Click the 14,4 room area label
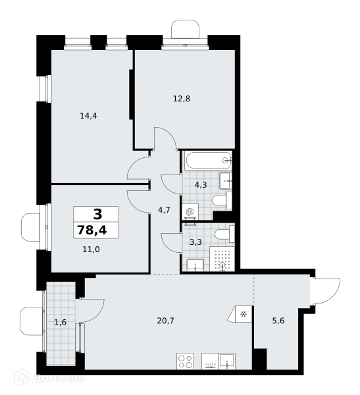[x=88, y=116]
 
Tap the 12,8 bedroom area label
[x=182, y=99]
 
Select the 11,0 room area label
[x=91, y=250]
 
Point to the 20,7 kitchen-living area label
[x=165, y=321]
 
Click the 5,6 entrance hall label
[x=278, y=321]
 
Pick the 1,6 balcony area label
[x=61, y=322]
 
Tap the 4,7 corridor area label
[x=164, y=210]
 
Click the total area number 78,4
[x=92, y=230]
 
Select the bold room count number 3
[x=98, y=215]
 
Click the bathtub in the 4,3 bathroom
[x=208, y=160]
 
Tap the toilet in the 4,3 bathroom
[x=222, y=201]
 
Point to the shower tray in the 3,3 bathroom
[x=222, y=259]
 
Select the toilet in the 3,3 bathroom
[x=224, y=234]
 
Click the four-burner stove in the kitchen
[x=186, y=361]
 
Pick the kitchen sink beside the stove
[x=227, y=361]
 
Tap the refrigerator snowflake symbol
[x=244, y=314]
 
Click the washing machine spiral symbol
[x=190, y=212]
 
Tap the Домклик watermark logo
[x=49, y=378]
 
